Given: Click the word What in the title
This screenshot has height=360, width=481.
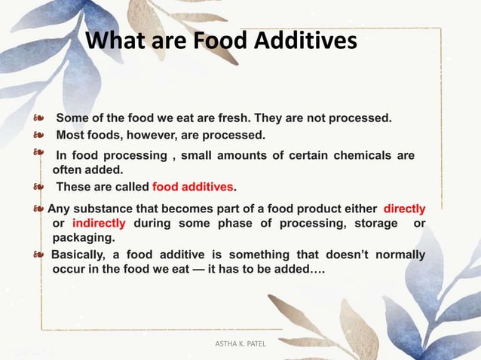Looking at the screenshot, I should [114, 41].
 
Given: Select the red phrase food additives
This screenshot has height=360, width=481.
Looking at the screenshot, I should [193, 187].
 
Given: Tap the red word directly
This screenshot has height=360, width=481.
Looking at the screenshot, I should [404, 209].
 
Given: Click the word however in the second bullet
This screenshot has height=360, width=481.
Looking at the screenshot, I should [166, 136].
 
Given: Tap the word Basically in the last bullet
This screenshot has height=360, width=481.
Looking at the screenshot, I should [81, 255].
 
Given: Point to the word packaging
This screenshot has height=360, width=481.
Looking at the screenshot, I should [83, 237].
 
